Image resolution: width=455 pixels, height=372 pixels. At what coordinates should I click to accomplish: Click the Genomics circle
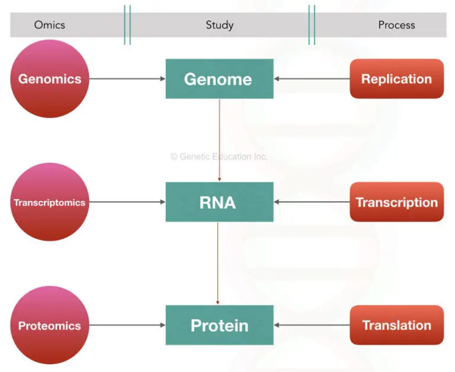coord(49,79)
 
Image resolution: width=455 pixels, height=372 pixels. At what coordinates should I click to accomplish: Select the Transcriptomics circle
coord(49,202)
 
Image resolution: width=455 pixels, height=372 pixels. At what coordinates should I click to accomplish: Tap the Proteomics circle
coord(49,325)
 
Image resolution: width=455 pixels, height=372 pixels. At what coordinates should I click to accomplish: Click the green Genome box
coord(219,79)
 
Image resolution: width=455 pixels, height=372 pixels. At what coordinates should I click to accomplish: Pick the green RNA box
coord(219,202)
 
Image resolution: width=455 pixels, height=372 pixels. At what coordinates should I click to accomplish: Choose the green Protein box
coord(219,325)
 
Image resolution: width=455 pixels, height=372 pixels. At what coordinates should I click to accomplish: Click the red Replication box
coord(396,79)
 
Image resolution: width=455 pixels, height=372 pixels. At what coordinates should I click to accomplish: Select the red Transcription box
coord(396,202)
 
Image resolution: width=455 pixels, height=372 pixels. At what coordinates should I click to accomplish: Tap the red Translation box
coord(396,325)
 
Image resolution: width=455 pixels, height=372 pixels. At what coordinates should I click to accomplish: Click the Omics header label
coord(49,25)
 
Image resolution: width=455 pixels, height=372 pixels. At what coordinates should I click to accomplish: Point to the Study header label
coord(219,25)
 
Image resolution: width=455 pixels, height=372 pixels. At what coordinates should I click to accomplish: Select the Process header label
coord(396,25)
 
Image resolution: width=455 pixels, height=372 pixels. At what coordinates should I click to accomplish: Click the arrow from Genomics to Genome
coord(127,79)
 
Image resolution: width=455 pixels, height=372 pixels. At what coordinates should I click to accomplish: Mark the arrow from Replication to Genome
coord(312,79)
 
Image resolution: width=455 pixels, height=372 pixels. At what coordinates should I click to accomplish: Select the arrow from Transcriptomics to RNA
coord(127,202)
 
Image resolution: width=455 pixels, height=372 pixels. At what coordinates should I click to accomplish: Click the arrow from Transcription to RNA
coord(312,202)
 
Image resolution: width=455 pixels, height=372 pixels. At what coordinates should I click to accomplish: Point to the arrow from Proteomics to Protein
coord(127,325)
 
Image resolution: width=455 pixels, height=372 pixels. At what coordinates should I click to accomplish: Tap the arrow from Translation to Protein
coord(312,325)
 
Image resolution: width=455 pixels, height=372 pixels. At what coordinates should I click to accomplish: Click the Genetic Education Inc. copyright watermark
coord(219,157)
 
